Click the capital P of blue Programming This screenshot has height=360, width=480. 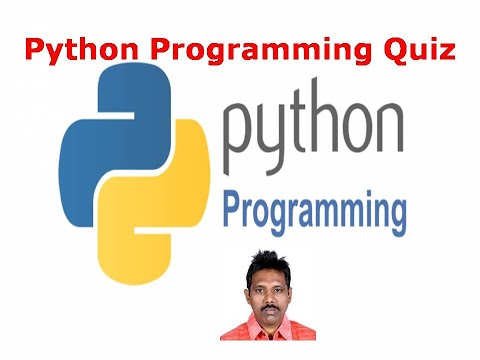tap(232, 209)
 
